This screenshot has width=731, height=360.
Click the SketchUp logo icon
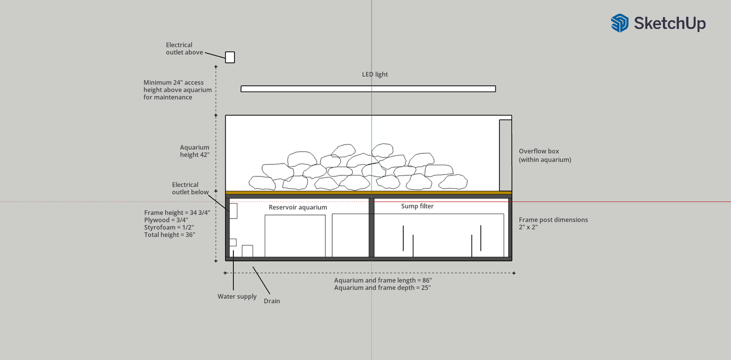click(620, 23)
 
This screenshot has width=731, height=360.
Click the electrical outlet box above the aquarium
click(230, 57)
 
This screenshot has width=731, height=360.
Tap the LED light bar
click(368, 89)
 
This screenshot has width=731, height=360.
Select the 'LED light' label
click(375, 75)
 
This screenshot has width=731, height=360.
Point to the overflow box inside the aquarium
click(505, 155)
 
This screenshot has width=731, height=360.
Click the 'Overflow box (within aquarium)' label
click(545, 155)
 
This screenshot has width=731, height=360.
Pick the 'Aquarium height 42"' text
click(194, 151)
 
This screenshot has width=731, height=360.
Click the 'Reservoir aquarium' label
click(298, 207)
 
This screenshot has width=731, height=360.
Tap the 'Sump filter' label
click(417, 206)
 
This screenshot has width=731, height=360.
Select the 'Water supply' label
click(237, 296)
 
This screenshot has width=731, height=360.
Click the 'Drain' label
click(271, 301)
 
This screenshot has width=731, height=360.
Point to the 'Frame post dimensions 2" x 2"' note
click(553, 223)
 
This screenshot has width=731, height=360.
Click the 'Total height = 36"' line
click(169, 235)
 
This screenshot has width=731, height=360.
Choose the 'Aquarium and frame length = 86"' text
click(383, 280)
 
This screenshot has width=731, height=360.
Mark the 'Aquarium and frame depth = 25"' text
click(382, 287)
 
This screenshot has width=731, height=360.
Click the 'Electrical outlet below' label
click(190, 188)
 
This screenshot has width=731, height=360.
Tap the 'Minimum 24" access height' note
click(177, 90)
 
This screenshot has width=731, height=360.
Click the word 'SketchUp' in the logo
click(670, 24)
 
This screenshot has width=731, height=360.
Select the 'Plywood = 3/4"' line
click(166, 220)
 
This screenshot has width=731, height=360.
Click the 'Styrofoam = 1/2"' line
click(169, 227)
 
